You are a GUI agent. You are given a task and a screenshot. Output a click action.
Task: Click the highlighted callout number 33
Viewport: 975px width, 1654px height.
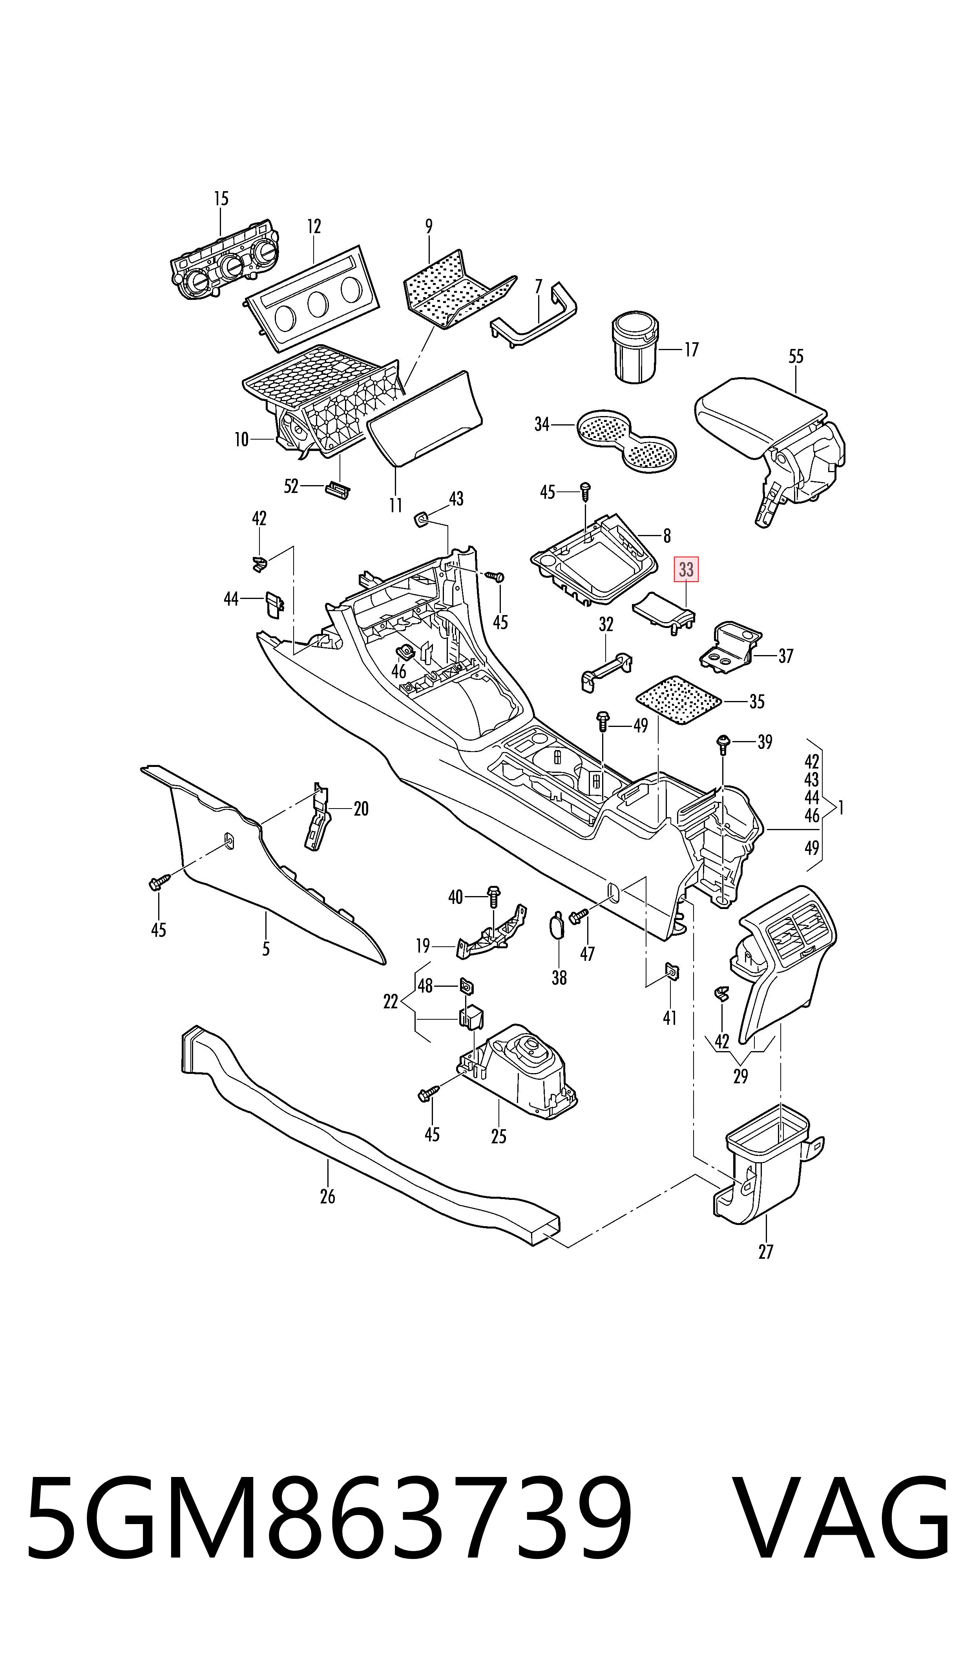(x=686, y=570)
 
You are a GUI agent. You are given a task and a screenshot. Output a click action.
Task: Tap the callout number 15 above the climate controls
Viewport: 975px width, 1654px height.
(x=221, y=198)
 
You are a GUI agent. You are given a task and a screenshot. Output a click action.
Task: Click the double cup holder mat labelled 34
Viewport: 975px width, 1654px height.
(x=627, y=440)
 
